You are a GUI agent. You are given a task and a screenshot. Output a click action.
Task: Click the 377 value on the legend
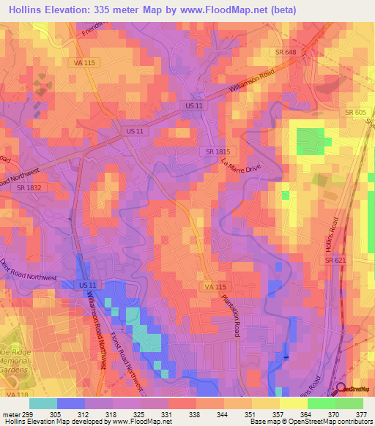[361, 414]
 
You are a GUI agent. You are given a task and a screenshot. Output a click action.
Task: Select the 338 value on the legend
[194, 414]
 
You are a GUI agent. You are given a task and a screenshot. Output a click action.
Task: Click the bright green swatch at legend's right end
[349, 403]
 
